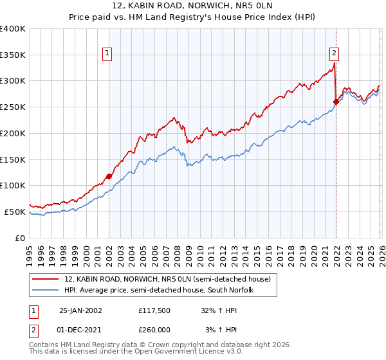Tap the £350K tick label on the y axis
point(13,55)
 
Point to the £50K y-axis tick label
point(15,212)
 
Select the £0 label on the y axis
point(21,238)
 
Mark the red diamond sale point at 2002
point(109,176)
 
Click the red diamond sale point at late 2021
point(336,102)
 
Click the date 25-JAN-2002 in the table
point(80,310)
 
